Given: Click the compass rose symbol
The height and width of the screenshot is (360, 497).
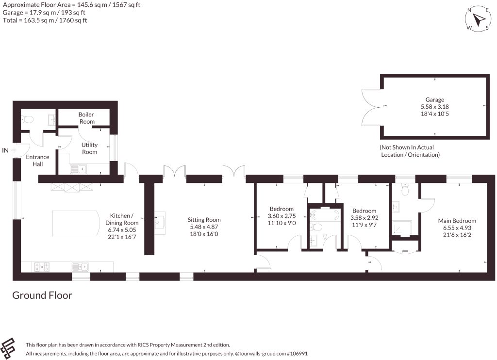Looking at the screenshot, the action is coord(478,19).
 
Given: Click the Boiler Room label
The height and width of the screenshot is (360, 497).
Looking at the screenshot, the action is coord(86,118).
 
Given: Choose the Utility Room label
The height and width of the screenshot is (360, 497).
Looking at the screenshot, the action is coord(89,148).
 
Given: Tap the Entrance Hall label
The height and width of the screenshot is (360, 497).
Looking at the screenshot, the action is coord(37,161).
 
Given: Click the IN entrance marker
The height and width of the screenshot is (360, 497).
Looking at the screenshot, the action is coord(5,150).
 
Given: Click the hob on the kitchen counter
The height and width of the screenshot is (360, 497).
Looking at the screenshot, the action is coord(42,267).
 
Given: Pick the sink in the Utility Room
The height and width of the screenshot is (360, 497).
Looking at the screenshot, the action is coord(78,169).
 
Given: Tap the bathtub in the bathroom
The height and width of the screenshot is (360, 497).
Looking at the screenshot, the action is coord(325,215).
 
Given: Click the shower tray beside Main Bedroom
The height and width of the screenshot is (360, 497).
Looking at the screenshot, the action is coord(402,228).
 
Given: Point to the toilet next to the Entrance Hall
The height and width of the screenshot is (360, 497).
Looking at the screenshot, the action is coord(27,119).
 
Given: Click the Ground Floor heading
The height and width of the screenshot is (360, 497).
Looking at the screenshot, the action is coord(42,295).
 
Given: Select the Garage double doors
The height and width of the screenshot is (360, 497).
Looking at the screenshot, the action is coord(371,107).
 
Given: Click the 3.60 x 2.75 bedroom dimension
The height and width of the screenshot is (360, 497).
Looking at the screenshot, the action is coord(282,216).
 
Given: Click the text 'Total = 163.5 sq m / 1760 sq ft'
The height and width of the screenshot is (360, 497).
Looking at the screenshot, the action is coord(45,20).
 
